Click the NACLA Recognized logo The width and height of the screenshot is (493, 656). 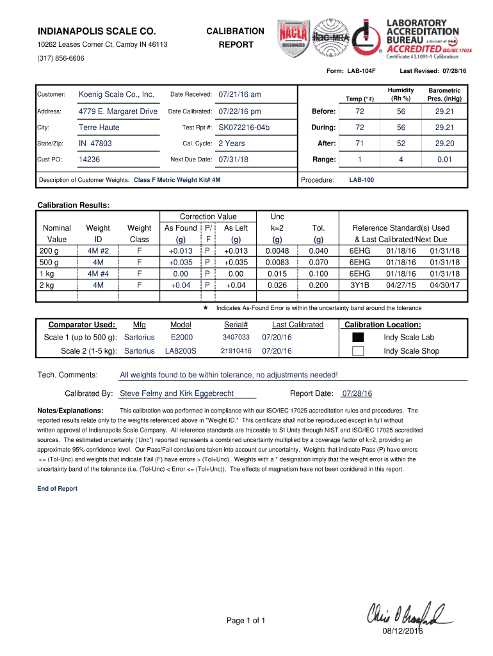[x=292, y=38]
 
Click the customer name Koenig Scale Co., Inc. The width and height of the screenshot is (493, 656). [x=116, y=95]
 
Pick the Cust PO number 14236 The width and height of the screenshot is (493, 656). [x=89, y=160]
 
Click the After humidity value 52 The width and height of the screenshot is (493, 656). [x=400, y=143]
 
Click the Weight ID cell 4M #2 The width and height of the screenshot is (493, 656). [x=98, y=250]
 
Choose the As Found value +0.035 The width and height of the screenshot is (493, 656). [x=181, y=262]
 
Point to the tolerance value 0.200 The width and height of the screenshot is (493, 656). [x=318, y=285]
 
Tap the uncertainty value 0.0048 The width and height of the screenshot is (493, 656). [x=277, y=250]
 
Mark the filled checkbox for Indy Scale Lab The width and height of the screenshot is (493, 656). [x=358, y=338]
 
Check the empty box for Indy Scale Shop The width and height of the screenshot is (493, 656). [x=358, y=351]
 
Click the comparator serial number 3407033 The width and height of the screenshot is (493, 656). [x=236, y=338]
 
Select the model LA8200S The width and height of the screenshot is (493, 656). [x=181, y=351]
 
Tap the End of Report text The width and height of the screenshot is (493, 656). [x=58, y=489]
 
